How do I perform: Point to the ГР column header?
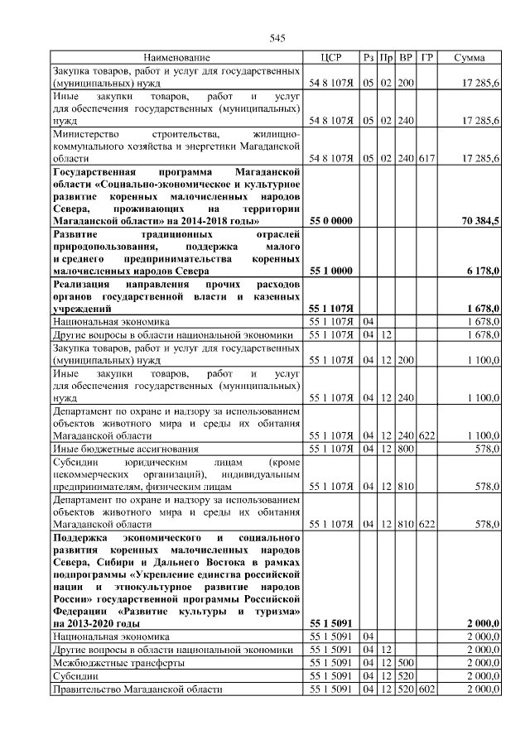426,58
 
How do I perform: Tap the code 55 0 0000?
331,222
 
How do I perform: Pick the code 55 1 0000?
331,271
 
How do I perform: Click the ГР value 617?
426,157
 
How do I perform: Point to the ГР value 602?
426,689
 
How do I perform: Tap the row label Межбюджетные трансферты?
108,663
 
